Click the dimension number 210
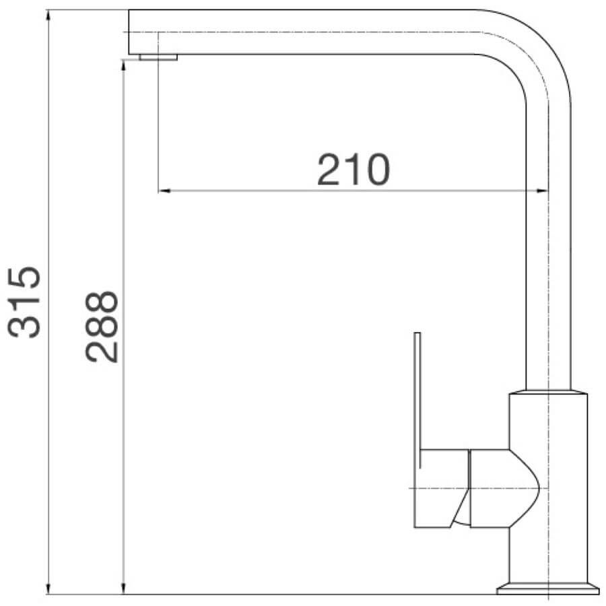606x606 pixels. [x=353, y=170]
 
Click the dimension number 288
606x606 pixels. [x=102, y=327]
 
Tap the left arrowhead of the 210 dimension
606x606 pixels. [x=164, y=191]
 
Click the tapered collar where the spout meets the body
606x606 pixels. [x=548, y=392]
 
